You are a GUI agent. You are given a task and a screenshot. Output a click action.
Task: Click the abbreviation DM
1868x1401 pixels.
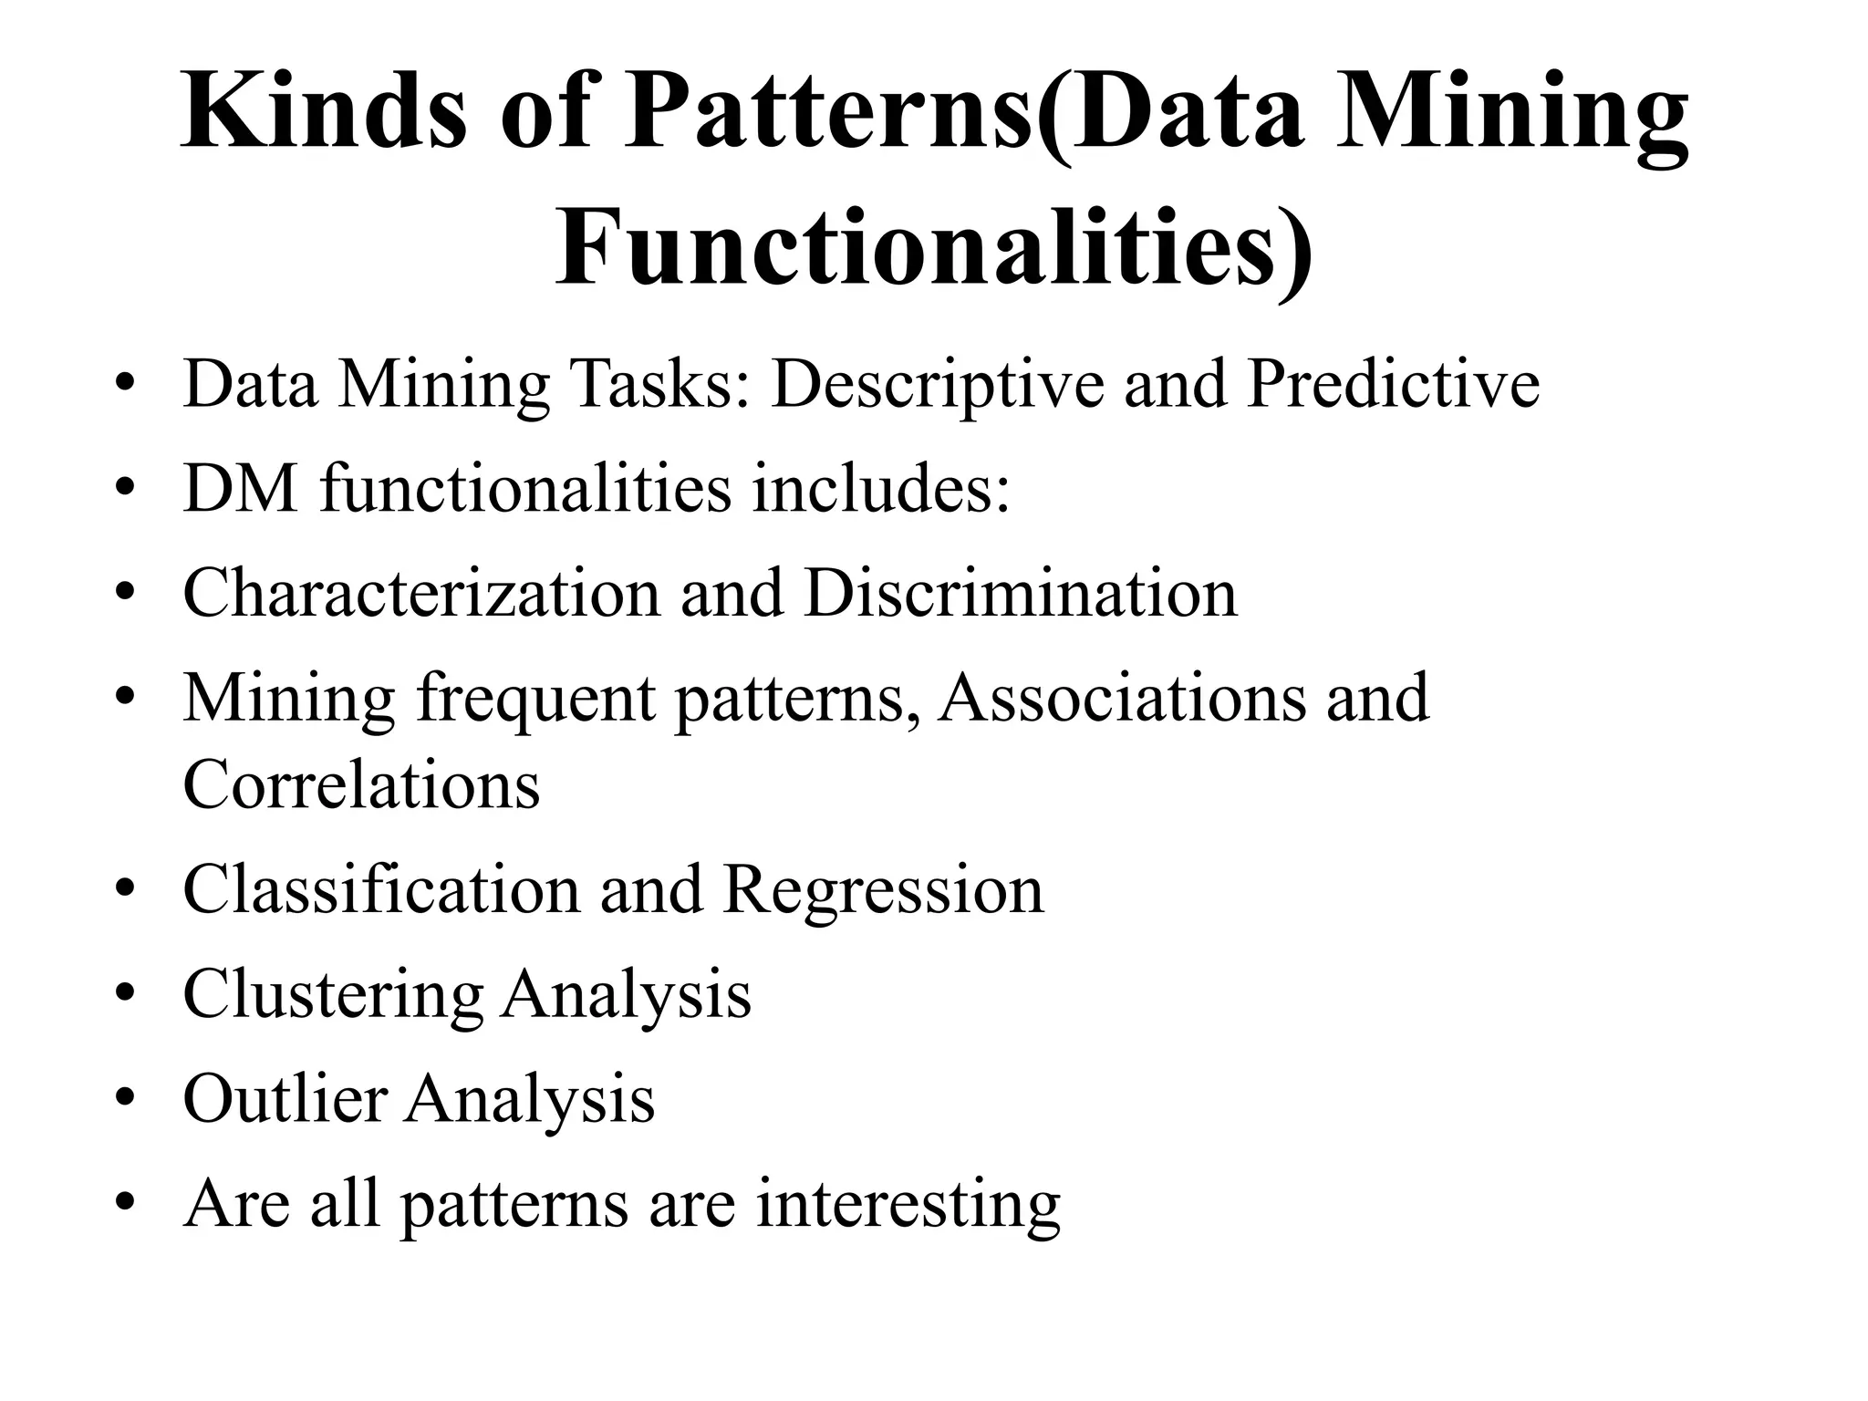(x=241, y=488)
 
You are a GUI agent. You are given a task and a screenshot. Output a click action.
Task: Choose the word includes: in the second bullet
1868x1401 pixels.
(x=880, y=488)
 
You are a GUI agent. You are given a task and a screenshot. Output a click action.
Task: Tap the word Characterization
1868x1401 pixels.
(x=420, y=593)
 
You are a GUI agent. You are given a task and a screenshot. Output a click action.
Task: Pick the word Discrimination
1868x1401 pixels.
(x=1020, y=593)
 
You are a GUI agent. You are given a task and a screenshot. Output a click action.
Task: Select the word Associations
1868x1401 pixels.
(x=1121, y=698)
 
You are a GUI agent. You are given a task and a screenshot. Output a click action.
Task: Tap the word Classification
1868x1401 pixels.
(x=381, y=889)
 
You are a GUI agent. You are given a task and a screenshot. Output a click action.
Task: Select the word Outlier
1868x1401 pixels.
(x=285, y=1098)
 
